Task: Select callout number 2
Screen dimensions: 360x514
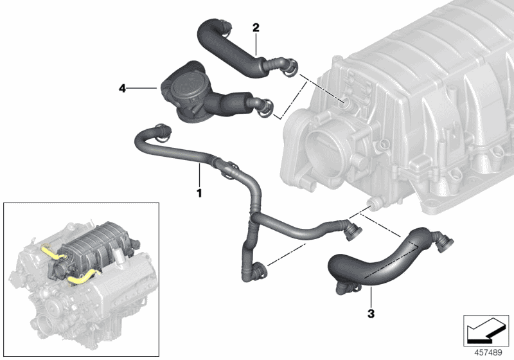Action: [x=256, y=28]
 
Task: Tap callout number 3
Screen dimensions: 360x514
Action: [x=371, y=314]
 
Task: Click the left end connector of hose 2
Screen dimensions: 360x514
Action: [x=223, y=27]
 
